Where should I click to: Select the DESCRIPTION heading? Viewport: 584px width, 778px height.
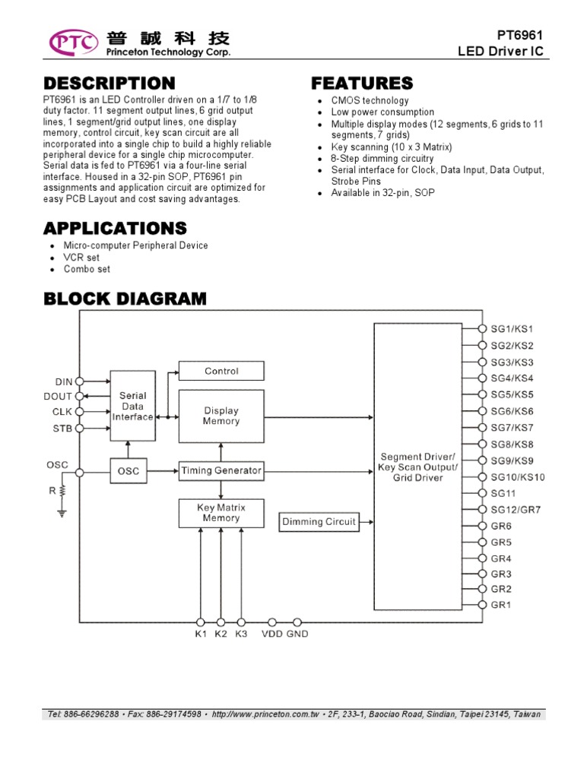[x=109, y=83]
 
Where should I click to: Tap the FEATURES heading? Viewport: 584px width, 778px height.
[x=363, y=83]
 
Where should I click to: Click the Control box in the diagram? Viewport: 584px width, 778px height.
[x=221, y=371]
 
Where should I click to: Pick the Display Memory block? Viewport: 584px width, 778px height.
[x=221, y=416]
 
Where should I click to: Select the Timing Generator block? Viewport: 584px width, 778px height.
[x=221, y=471]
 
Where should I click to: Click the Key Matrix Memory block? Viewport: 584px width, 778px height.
[x=221, y=513]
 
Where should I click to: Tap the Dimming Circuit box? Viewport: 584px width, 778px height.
[x=319, y=522]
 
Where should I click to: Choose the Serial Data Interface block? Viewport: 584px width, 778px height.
[x=133, y=406]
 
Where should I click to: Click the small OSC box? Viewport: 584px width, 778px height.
[x=129, y=471]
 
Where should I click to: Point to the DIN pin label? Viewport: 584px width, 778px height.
[x=64, y=381]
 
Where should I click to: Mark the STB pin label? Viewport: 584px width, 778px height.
[x=64, y=429]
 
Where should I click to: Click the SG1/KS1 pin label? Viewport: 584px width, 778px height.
[x=512, y=329]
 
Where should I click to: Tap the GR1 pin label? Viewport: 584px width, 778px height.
[x=501, y=605]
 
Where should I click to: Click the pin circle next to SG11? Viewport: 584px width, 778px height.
[x=482, y=493]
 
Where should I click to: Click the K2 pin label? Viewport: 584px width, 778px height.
[x=221, y=634]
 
